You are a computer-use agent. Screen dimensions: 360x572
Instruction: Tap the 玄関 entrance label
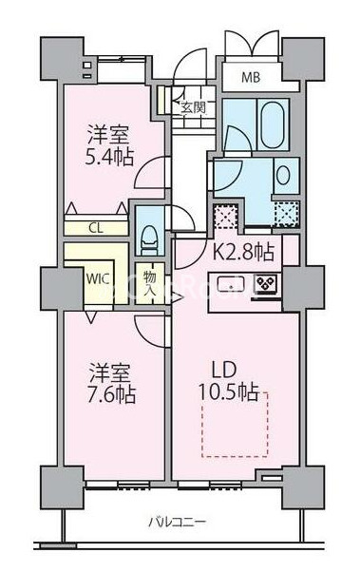point(193,108)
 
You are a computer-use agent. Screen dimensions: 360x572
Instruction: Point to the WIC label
point(97,279)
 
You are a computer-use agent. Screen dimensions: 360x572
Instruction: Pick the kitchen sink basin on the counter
point(231,283)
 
